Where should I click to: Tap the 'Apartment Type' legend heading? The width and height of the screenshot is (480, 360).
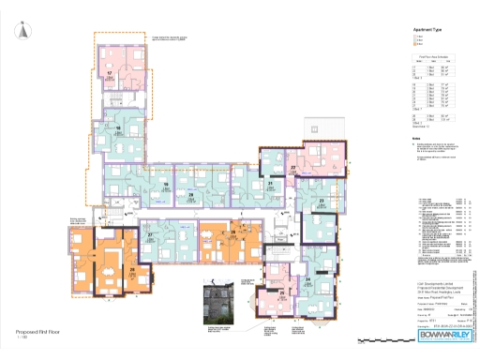pyautogui.click(x=425, y=29)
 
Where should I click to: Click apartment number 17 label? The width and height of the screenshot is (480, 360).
pyautogui.click(x=110, y=72)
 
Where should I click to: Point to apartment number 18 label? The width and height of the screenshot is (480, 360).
pyautogui.click(x=117, y=128)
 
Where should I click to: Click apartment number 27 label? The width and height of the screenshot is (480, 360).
pyautogui.click(x=149, y=234)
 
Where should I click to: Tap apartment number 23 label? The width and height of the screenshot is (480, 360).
pyautogui.click(x=321, y=201)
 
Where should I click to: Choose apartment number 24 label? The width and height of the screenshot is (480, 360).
pyautogui.click(x=307, y=279)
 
